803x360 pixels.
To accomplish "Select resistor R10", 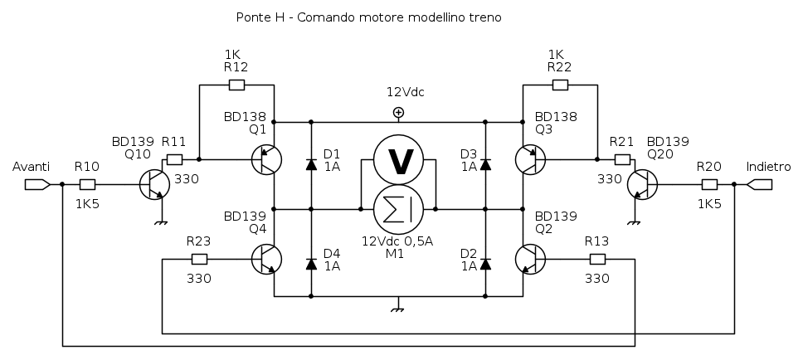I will [x=87, y=184].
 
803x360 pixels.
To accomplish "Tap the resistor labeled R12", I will [x=236, y=85].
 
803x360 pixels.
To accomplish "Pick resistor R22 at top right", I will [x=560, y=85].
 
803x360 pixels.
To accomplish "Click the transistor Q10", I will [x=154, y=184].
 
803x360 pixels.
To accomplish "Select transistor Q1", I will [x=266, y=159].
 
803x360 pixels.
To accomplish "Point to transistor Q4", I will [x=266, y=259].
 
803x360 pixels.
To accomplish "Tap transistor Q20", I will [x=641, y=184].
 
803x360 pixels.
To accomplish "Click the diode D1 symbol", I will [x=311, y=164].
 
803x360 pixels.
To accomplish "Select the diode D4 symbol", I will [x=311, y=264].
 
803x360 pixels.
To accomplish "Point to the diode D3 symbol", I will [x=485, y=164].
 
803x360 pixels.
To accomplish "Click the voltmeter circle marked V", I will [x=399, y=161].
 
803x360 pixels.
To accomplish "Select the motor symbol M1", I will [x=399, y=208].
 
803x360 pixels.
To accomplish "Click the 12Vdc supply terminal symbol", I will [x=399, y=112].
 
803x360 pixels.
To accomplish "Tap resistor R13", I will [x=597, y=259].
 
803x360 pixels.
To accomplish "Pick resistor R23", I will [x=199, y=259].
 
